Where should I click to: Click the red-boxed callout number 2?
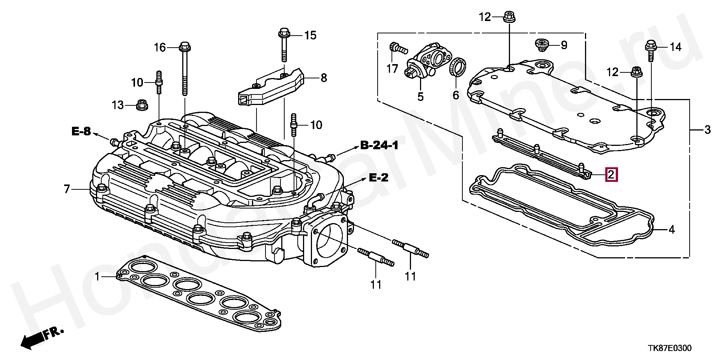point(611,175)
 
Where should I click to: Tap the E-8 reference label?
point(81,131)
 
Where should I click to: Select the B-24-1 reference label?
point(379,145)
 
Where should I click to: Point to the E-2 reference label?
point(379,178)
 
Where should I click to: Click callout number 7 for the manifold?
point(67,189)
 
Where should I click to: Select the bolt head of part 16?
point(184,48)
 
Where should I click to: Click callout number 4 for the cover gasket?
point(672,229)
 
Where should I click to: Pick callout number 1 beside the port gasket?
point(97,277)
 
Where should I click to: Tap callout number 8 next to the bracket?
point(324,78)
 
